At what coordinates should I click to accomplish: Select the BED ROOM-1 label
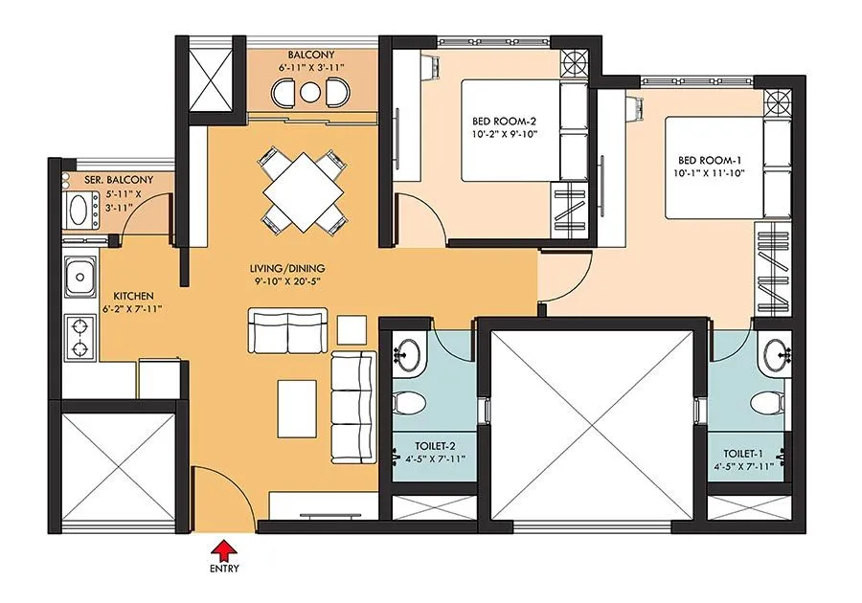coord(711,160)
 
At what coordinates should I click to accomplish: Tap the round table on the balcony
coord(309,93)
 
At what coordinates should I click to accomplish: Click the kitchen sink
coord(79,279)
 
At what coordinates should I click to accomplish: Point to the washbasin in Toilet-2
coord(410,353)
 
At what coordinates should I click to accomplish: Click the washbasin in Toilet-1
coord(775,353)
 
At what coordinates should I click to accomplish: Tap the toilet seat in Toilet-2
coord(408,401)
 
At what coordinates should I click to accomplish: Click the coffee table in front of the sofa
coord(297,404)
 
